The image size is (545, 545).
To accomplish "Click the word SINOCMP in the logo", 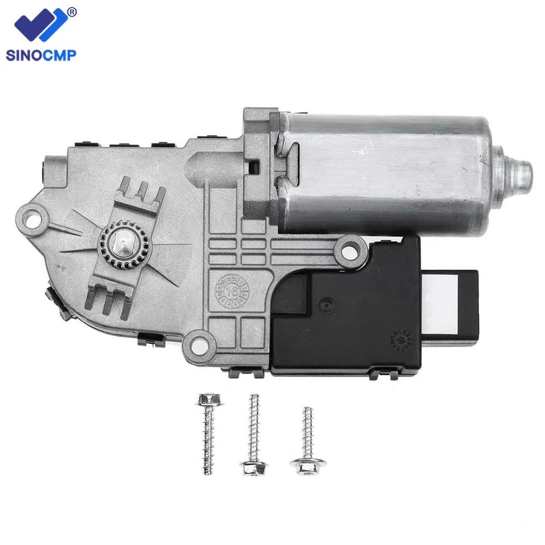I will tap(40, 54).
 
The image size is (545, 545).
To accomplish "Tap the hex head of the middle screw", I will tap(253, 468).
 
